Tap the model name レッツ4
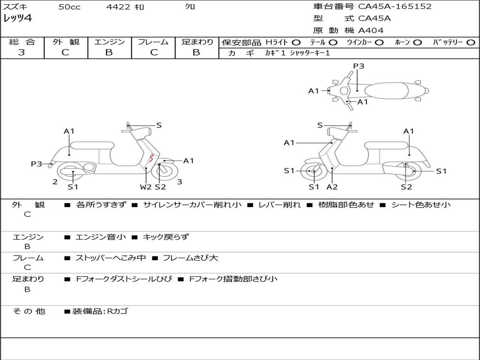pyautogui.click(x=17, y=19)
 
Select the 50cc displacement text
pyautogui.click(x=69, y=7)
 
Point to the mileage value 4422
pyautogui.click(x=116, y=7)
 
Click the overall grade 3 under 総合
pyautogui.click(x=21, y=52)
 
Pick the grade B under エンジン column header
pyautogui.click(x=109, y=52)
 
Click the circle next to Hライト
pyautogui.click(x=296, y=42)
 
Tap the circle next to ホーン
pyautogui.click(x=418, y=42)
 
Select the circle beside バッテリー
pyautogui.click(x=471, y=42)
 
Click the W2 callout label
pyautogui.click(x=146, y=187)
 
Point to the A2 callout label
pyautogui.click(x=332, y=187)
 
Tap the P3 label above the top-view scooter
pyautogui.click(x=359, y=66)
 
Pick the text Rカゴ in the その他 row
pyautogui.click(x=117, y=311)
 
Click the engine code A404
pyautogui.click(x=371, y=30)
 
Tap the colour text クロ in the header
pyautogui.click(x=190, y=7)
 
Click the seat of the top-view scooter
pyautogui.click(x=387, y=90)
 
